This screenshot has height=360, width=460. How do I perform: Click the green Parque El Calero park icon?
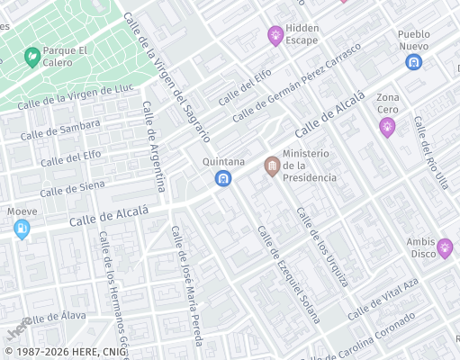point(32,56)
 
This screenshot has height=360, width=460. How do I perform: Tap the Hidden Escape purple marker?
point(275,35)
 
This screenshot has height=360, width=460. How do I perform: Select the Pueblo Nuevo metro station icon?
point(413,62)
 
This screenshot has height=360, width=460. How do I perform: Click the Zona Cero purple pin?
point(387,126)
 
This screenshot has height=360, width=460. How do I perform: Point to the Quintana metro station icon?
point(222,179)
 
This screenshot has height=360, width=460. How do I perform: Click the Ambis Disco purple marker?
point(444,247)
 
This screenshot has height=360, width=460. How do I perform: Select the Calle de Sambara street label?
point(59,131)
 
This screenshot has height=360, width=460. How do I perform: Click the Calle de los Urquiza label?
point(322,247)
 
